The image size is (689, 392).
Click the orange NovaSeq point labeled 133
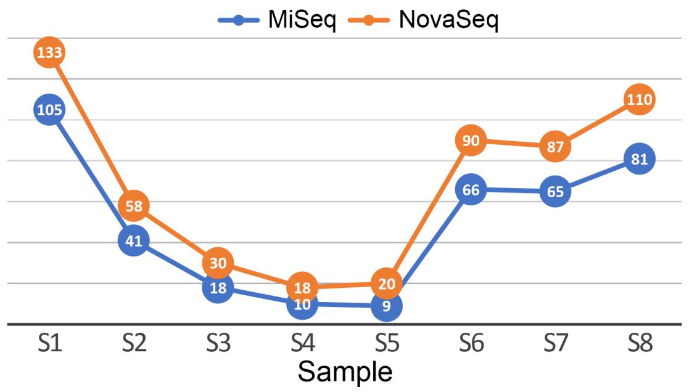pyautogui.click(x=49, y=52)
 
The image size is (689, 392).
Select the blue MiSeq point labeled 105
pyautogui.click(x=49, y=110)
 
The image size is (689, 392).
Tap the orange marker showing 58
pyautogui.click(x=134, y=206)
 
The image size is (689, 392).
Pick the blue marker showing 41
pyautogui.click(x=134, y=241)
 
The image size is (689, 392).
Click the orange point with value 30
pyautogui.click(x=218, y=263)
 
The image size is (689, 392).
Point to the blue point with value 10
pyautogui.click(x=302, y=304)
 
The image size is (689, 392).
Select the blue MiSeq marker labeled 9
pyautogui.click(x=387, y=306)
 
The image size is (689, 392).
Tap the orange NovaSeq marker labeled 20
pyautogui.click(x=387, y=284)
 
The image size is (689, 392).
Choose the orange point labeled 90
pyautogui.click(x=471, y=141)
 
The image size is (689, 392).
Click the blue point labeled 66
pyautogui.click(x=471, y=190)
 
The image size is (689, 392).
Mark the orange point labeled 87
pyautogui.click(x=555, y=147)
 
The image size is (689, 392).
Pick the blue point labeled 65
pyautogui.click(x=555, y=192)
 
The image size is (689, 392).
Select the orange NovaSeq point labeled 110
pyautogui.click(x=640, y=99)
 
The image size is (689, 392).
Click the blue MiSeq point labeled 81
pyautogui.click(x=640, y=159)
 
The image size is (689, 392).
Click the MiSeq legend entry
pyautogui.click(x=278, y=20)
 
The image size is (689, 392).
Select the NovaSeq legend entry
pyautogui.click(x=423, y=20)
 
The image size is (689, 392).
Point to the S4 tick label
pyautogui.click(x=302, y=343)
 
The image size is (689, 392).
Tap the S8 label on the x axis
pyautogui.click(x=640, y=343)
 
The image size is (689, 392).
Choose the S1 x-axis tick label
pyautogui.click(x=49, y=343)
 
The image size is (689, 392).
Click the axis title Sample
pyautogui.click(x=345, y=372)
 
